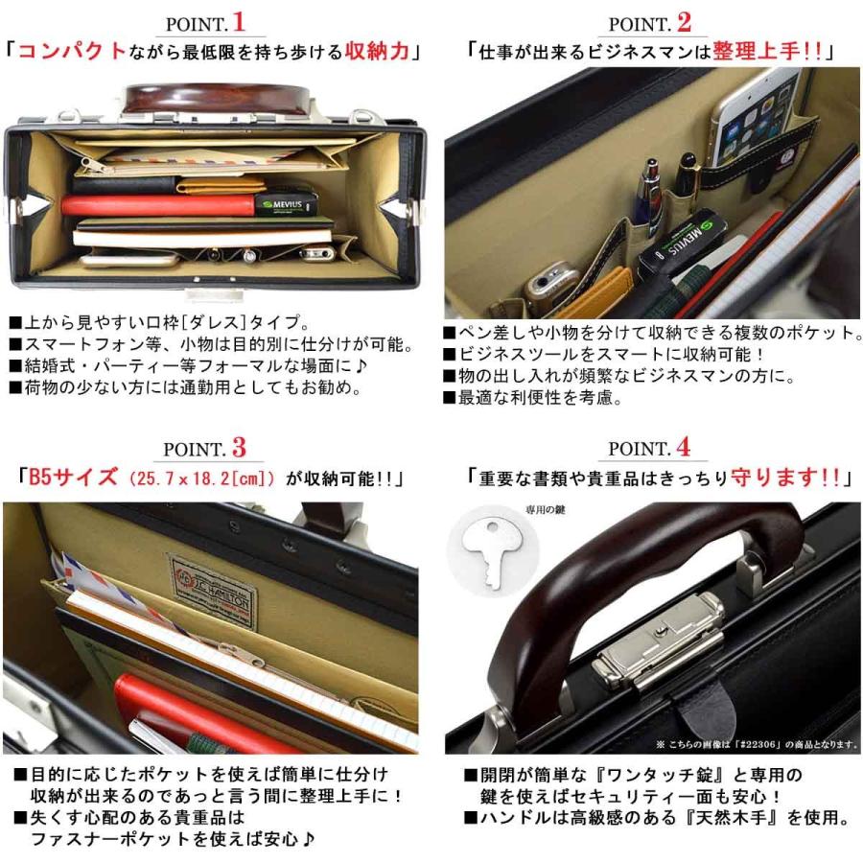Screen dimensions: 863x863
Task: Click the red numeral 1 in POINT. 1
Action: pos(238,21)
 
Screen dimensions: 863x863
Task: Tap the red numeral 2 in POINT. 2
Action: pos(683,21)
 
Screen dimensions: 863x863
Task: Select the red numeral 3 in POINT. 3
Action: pos(239,447)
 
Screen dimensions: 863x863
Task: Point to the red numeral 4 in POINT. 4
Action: pos(682,447)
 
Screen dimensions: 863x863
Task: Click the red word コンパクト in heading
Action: pos(73,51)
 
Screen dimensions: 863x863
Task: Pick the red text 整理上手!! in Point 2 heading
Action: pos(768,51)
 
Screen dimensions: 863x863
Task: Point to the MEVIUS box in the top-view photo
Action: pos(285,203)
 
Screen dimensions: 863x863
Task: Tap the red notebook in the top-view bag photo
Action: pos(158,205)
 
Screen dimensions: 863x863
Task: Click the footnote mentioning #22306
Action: pos(756,744)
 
